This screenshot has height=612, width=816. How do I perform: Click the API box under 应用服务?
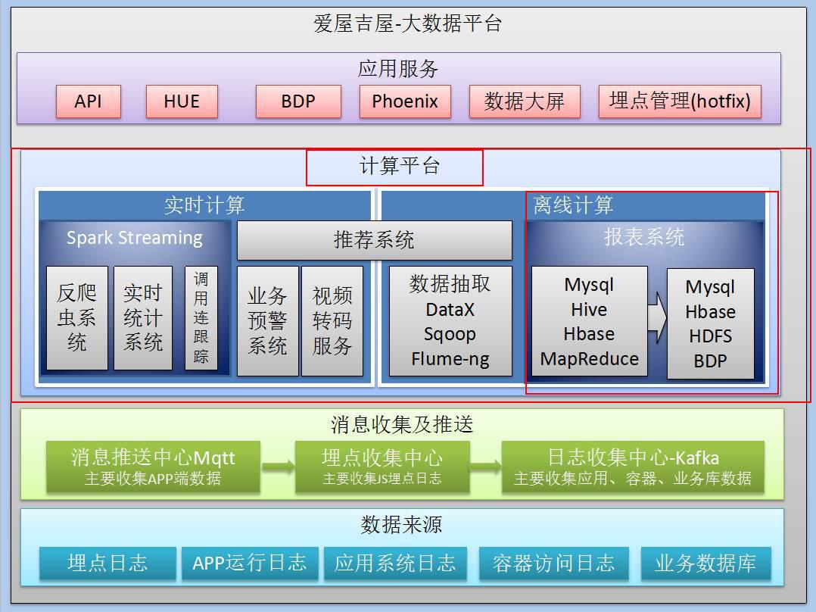[x=88, y=101]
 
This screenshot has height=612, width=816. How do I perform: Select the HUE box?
[x=181, y=101]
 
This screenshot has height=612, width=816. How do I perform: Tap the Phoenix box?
[x=404, y=101]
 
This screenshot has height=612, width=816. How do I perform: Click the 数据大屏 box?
[x=525, y=101]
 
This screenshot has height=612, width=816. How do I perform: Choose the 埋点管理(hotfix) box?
[x=679, y=101]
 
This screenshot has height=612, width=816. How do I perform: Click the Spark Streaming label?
[x=134, y=238]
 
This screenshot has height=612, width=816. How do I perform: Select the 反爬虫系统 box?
[x=76, y=317]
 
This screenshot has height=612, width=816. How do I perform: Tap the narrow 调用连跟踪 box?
[x=201, y=317]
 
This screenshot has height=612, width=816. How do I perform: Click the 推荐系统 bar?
[x=374, y=240]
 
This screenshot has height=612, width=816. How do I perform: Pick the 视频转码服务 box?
[x=332, y=320]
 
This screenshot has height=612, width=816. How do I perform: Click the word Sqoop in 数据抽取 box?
[x=450, y=334]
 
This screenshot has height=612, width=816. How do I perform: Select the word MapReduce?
[x=589, y=359]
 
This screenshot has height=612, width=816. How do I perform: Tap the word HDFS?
[x=710, y=336]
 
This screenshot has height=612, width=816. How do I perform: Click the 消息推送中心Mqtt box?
[x=153, y=466]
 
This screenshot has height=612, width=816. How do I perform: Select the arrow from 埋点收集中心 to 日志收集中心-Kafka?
[x=484, y=467]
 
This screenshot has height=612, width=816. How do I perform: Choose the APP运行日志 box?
[x=249, y=563]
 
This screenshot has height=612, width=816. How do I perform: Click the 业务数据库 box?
[x=705, y=563]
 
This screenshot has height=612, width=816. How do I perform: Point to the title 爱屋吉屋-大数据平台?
[x=407, y=23]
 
